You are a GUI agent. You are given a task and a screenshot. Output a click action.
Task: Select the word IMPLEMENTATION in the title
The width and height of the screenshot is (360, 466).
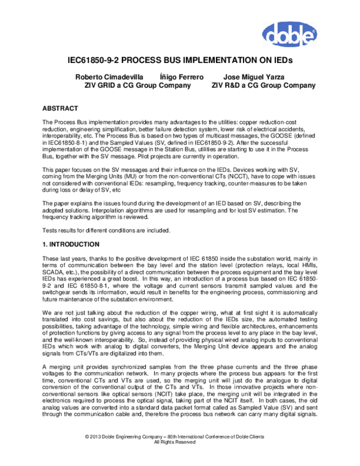[x=217, y=61]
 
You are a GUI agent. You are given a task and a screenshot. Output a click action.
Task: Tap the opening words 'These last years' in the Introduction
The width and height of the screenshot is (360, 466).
[x=61, y=258]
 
